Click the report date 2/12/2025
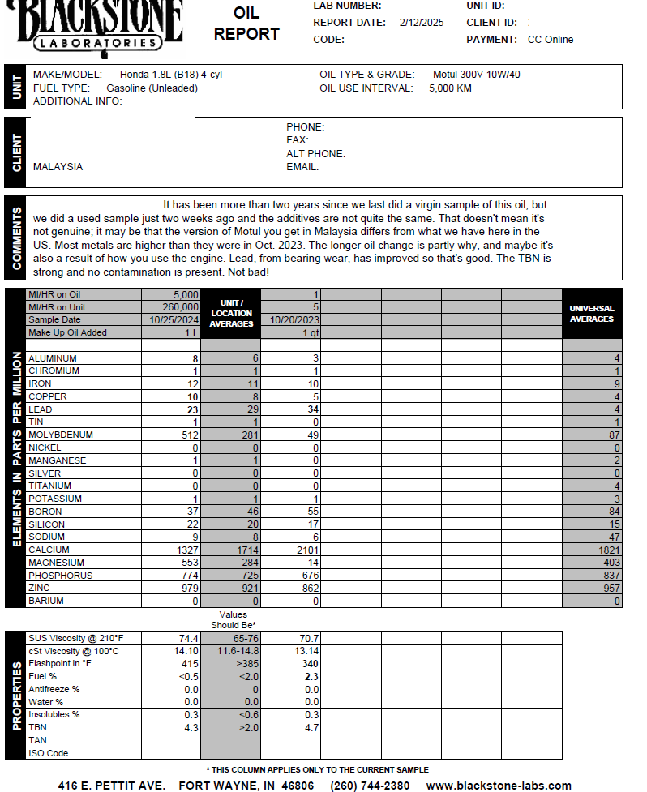coord(422,23)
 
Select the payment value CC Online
coord(551,40)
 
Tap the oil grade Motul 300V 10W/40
coord(477,75)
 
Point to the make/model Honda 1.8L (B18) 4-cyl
coord(171,75)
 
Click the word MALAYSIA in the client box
coord(58,167)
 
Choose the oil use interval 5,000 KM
coord(450,88)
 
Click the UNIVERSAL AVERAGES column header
coord(592,314)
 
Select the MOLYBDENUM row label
coord(61,435)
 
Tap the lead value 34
coord(313,410)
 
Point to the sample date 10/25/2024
coord(174,320)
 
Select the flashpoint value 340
coord(308,664)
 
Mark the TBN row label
coord(38,728)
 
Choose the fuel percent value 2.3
coord(311,677)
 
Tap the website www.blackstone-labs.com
coord(499,786)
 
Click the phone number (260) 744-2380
coord(370,786)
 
